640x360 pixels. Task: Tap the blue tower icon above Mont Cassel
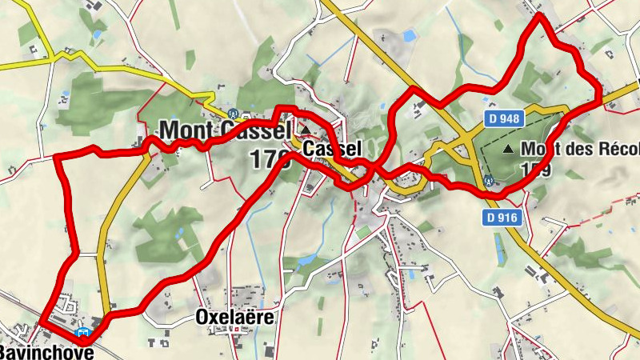(233, 114)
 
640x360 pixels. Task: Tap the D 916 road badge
(502, 217)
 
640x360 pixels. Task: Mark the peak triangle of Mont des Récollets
(507, 149)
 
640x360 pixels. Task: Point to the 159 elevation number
(535, 170)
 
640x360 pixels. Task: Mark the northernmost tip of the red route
(539, 16)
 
